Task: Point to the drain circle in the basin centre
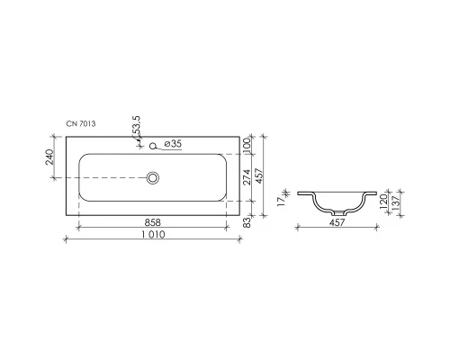154,178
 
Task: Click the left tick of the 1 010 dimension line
66,239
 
